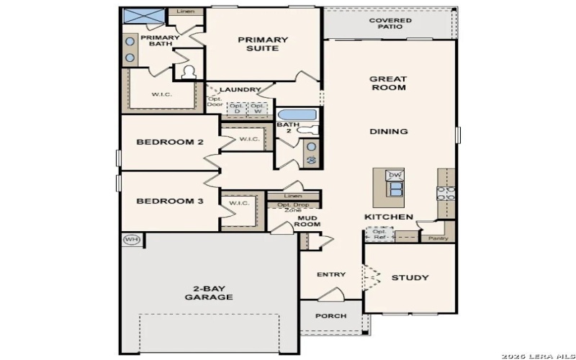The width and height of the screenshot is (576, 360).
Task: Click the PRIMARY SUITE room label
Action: pos(263,45)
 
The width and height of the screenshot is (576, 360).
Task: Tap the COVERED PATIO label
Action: pos(390,24)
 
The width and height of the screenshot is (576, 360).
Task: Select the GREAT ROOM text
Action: pos(388,84)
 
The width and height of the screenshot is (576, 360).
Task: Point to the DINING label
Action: pos(389,132)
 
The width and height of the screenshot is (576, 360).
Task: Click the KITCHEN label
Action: pos(389,217)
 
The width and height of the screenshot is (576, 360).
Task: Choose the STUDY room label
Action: pos(410,277)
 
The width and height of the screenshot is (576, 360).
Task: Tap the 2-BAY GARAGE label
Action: pos(209,292)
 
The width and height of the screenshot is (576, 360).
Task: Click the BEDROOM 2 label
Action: pos(170,143)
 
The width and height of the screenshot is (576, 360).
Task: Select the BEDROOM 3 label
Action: pos(170,202)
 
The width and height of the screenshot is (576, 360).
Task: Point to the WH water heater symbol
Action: pos(130,240)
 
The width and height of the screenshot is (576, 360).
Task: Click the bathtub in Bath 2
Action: pos(297,115)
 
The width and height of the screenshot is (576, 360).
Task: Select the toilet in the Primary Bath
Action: pos(189,72)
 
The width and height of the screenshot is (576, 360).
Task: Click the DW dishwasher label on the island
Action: pos(394,175)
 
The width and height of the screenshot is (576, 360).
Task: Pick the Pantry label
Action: pos(438,238)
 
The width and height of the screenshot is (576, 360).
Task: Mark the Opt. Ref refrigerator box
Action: pos(379,234)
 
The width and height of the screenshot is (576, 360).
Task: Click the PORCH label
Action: pos(331,316)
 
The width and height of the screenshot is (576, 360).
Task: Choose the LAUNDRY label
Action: pos(240,89)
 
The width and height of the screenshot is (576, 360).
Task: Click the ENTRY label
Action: pos(331,274)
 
